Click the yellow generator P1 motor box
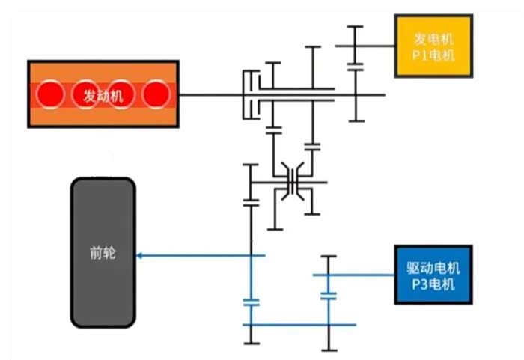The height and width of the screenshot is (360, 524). tap(434, 46)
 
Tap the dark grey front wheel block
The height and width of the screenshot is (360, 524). tap(103, 253)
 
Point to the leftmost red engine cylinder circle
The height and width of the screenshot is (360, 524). tap(52, 94)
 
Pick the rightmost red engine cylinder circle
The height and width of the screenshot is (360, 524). tap(156, 94)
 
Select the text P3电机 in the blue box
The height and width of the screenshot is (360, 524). tap(434, 284)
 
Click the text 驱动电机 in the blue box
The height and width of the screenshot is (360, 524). tap(434, 266)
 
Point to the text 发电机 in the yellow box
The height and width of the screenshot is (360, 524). tap(434, 37)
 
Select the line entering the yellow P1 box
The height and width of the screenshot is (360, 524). tap(378, 46)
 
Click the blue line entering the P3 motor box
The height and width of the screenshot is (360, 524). tap(367, 275)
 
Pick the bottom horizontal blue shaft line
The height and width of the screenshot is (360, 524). tap(299, 325)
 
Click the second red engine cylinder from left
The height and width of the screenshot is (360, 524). tap(86, 94)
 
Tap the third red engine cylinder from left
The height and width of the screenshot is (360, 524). tap(121, 94)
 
